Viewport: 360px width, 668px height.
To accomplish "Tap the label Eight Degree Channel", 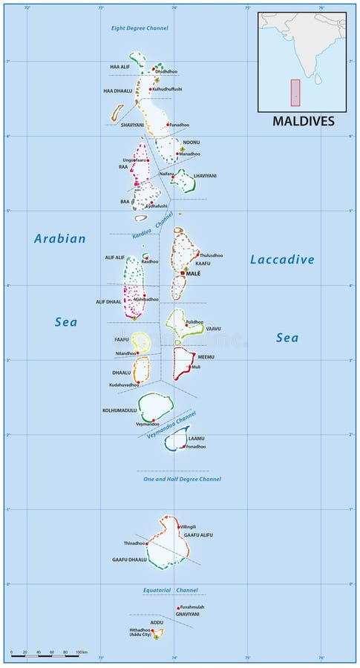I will tap(140, 28).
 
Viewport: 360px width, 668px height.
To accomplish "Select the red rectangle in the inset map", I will tap(295, 94).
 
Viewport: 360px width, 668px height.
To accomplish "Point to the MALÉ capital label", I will tap(194, 273).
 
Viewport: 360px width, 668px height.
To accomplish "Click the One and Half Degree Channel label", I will tap(182, 479).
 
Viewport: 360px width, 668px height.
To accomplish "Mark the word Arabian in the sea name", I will tap(60, 239).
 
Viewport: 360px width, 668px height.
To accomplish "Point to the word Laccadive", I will tap(282, 260).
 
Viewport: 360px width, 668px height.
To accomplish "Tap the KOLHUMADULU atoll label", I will tap(120, 410).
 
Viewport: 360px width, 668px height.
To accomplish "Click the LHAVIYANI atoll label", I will tap(205, 176).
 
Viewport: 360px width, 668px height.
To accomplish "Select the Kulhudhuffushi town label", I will tap(168, 89).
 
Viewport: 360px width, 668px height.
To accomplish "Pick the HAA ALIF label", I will tap(120, 67).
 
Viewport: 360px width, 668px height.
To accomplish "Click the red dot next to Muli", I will tap(189, 367).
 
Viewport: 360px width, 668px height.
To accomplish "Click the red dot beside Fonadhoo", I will tap(184, 447).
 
